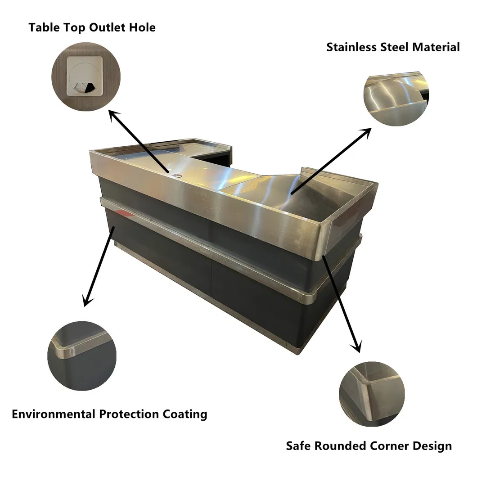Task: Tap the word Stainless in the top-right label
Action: (x=351, y=47)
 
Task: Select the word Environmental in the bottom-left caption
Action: (x=54, y=414)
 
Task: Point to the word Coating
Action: (x=185, y=414)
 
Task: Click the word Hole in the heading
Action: (x=142, y=27)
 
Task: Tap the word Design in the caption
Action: (x=432, y=446)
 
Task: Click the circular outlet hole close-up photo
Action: (x=86, y=76)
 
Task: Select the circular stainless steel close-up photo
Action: (x=396, y=99)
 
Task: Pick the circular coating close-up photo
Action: (x=82, y=356)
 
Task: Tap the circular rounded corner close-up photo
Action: (x=372, y=394)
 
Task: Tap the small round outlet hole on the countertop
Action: (x=176, y=176)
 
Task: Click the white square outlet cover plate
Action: (x=85, y=76)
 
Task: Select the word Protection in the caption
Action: (x=129, y=414)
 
